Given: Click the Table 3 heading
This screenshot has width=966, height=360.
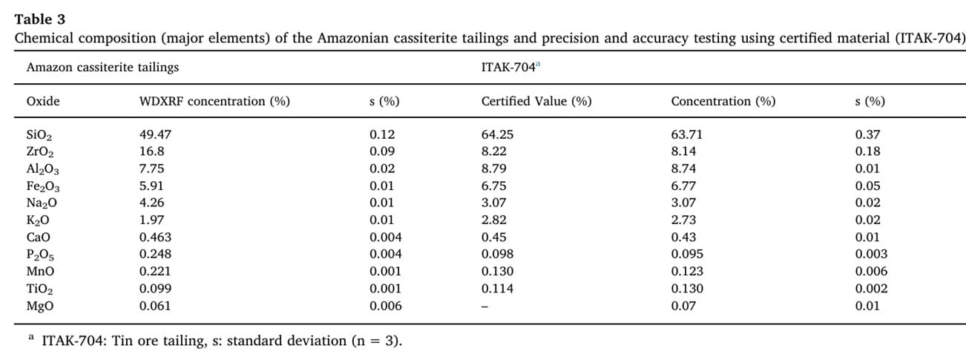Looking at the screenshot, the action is (x=39, y=19).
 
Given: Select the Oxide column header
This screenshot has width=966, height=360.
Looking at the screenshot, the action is (x=43, y=101).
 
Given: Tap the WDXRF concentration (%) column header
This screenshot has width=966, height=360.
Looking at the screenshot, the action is (x=214, y=102).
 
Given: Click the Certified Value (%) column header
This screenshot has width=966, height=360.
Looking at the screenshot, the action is (x=536, y=102).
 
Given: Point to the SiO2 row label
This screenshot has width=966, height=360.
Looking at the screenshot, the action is (x=39, y=135).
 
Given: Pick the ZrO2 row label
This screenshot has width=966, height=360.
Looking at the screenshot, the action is (x=39, y=152).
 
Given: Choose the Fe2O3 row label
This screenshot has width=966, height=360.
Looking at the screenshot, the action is (x=43, y=186).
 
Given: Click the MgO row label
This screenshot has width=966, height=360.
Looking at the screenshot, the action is (x=39, y=306).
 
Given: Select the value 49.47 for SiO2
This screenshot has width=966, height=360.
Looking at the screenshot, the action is (x=155, y=134).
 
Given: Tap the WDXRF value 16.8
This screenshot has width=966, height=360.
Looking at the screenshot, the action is (x=152, y=151).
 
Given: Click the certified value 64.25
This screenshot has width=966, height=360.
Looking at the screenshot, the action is (x=497, y=134).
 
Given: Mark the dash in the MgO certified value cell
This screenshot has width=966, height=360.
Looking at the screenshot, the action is (x=484, y=307).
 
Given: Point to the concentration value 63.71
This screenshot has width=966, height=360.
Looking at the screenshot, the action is (x=686, y=134).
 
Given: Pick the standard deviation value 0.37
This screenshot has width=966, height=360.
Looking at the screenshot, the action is (x=867, y=134).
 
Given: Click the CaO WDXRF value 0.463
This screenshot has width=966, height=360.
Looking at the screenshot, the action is (x=155, y=237).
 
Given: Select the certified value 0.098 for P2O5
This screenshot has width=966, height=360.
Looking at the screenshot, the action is (x=497, y=254).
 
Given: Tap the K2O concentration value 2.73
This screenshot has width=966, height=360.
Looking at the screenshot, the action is (x=683, y=220).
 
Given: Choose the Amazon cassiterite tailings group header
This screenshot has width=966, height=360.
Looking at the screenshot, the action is (x=102, y=68).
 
